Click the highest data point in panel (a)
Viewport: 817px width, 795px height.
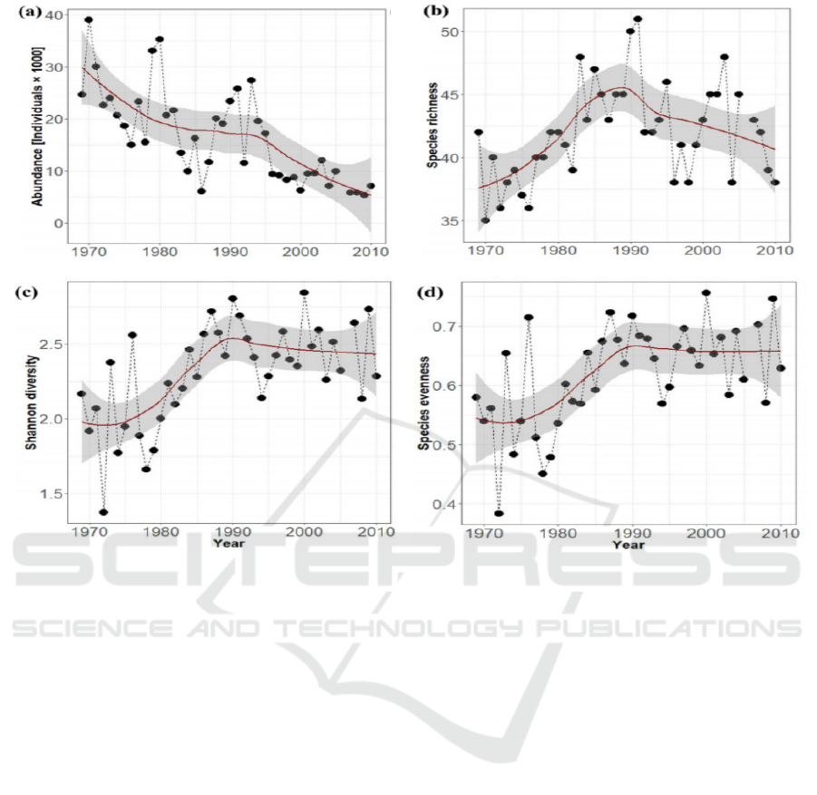88,20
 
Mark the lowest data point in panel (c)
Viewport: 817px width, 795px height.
103,512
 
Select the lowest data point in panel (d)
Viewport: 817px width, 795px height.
499,513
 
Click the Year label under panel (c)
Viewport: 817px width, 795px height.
227,543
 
